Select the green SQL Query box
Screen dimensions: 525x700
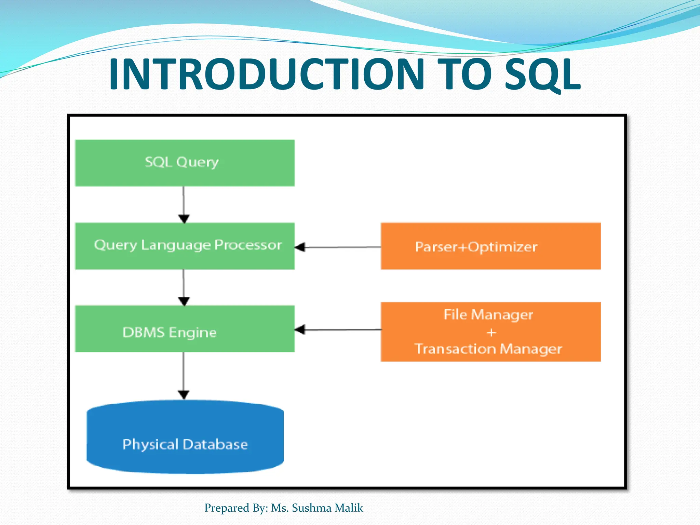point(185,163)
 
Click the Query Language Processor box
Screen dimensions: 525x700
point(185,246)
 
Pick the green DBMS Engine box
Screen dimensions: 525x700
point(185,329)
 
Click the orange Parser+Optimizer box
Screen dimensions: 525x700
point(490,246)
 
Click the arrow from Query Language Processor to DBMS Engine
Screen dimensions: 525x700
point(184,287)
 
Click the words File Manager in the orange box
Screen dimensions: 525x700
point(488,314)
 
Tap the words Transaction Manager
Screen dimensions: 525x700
point(488,349)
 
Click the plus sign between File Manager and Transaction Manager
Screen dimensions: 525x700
point(491,332)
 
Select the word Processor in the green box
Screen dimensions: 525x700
point(248,245)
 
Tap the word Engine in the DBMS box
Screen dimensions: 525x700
point(193,333)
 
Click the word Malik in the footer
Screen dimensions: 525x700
point(349,508)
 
